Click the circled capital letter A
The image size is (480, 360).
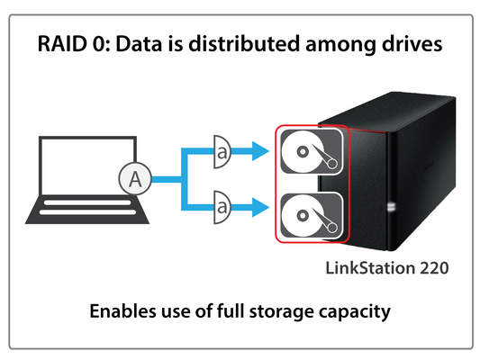(135, 179)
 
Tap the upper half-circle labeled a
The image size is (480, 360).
(222, 152)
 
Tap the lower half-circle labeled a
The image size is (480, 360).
(222, 207)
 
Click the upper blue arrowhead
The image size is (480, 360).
(260, 151)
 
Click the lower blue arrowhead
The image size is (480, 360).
(260, 207)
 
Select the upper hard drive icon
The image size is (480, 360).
(312, 152)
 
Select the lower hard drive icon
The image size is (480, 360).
(312, 216)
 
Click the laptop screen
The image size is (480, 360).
(87, 166)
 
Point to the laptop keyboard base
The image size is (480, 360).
(87, 210)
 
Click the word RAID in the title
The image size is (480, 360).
(62, 44)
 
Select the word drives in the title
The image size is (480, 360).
(412, 43)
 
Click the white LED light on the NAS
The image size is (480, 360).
(391, 206)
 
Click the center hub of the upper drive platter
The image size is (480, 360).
(303, 152)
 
